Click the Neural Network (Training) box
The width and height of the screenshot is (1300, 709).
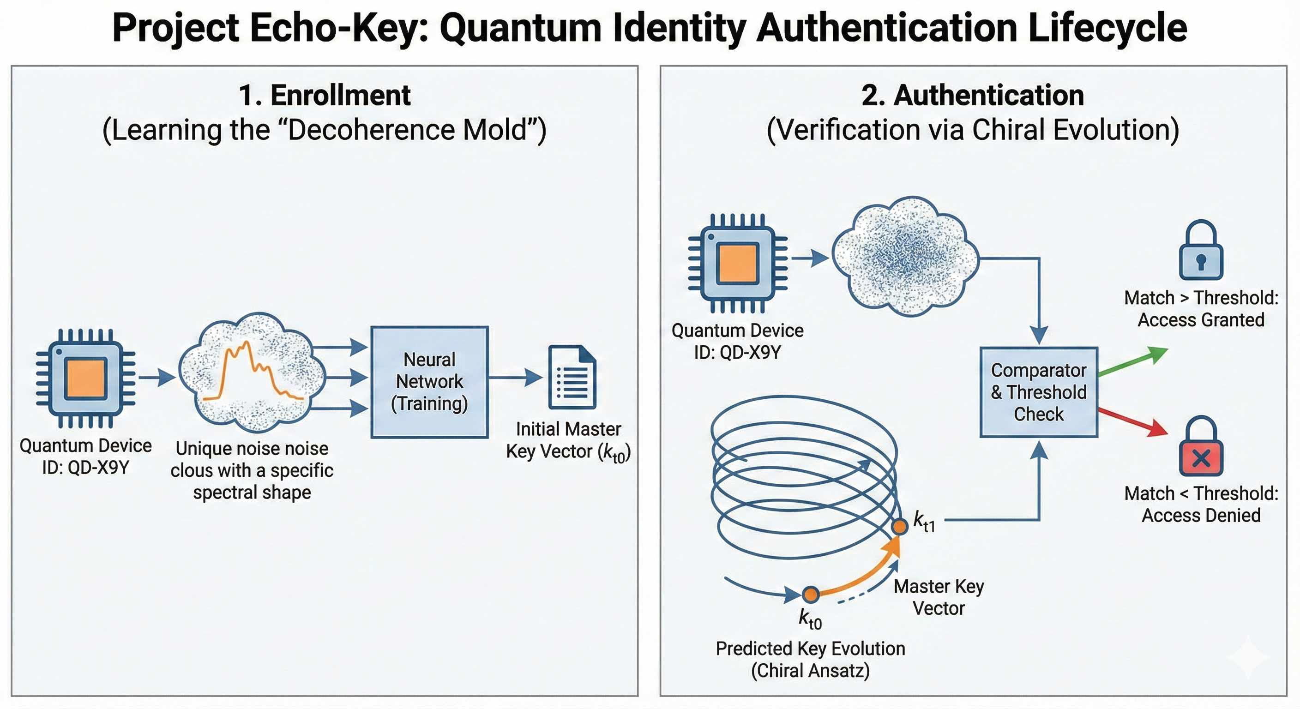coord(429,381)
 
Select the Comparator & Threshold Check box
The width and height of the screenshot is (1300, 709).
coord(1039,392)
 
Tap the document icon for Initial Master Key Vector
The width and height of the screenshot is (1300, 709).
coord(572,377)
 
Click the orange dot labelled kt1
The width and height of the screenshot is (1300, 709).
coord(899,527)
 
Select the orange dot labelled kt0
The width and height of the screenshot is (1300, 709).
coord(811,595)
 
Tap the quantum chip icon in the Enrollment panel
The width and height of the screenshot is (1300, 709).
coord(86,379)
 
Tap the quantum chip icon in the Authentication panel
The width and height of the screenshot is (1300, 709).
coord(738,263)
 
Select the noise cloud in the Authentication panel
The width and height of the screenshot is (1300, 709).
coord(904,256)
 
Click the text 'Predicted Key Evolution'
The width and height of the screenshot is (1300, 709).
coord(810,649)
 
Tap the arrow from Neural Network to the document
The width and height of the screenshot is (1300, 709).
coord(515,377)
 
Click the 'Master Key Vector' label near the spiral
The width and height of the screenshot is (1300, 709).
coord(939,597)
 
